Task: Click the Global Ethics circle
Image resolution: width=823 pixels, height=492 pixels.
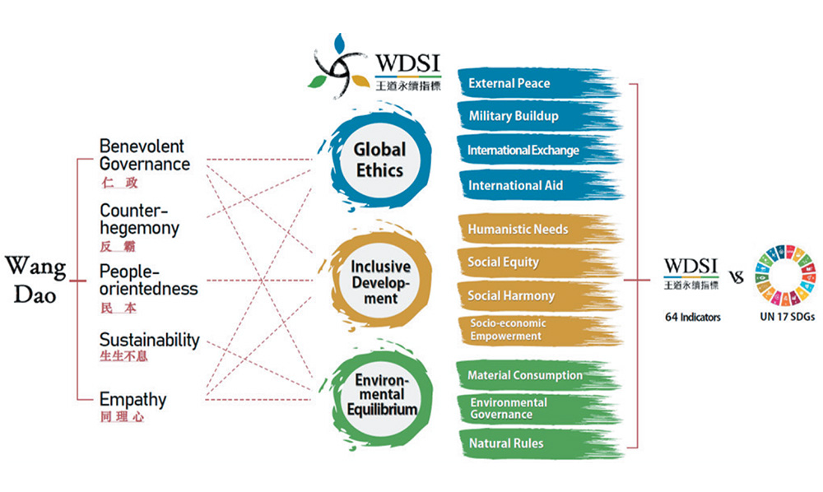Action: point(379,160)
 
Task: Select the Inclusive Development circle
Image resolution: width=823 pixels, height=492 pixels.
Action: point(380,282)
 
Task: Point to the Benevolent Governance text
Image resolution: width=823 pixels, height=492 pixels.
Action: point(144,155)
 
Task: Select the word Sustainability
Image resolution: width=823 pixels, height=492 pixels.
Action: point(149,340)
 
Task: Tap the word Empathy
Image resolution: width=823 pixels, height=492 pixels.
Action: point(133,400)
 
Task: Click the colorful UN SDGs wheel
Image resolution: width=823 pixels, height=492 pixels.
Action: point(786,275)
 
